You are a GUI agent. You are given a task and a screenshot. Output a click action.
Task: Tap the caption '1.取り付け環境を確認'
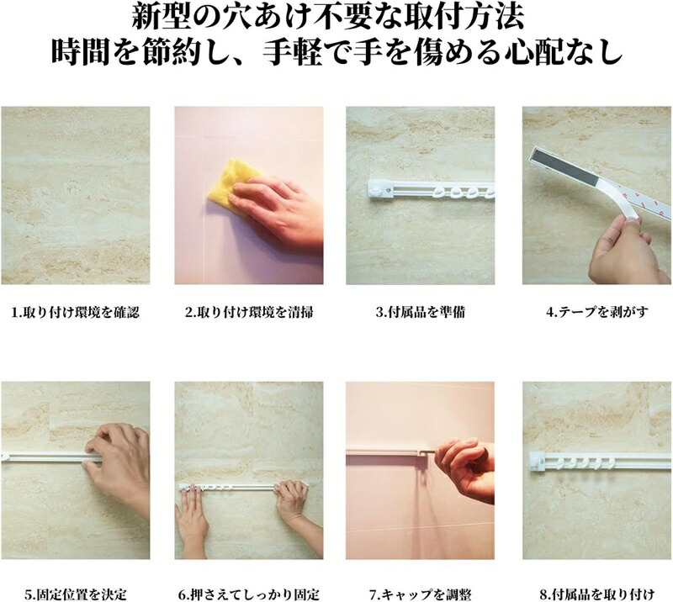76,312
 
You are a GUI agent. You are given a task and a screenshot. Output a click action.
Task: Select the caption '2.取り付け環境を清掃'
249,312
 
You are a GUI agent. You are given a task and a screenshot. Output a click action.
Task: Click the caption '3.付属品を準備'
420,312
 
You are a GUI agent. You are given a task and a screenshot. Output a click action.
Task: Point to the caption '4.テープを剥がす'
596,312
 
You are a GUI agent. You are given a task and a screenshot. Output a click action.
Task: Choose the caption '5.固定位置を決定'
76,594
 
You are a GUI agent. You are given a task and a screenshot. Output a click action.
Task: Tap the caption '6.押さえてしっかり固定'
249,594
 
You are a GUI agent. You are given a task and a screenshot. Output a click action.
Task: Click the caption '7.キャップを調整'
420,594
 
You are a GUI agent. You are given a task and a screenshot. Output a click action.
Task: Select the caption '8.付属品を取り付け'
596,594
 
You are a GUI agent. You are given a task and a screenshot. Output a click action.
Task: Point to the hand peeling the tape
624,251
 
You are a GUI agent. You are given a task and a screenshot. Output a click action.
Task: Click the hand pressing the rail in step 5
120,463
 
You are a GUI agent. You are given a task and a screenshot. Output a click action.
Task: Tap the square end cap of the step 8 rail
538,462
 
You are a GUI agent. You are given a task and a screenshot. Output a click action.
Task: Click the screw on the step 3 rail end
389,189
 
